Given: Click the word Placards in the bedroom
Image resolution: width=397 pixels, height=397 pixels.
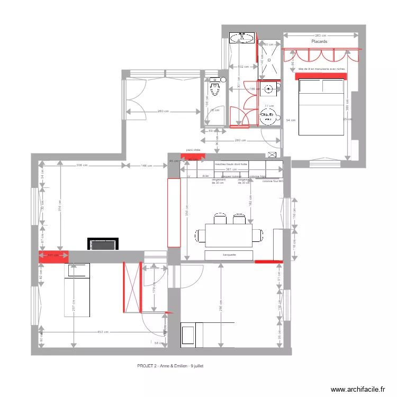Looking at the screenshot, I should (x=319, y=41).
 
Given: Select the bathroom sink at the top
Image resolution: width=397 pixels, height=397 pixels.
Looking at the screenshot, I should (x=242, y=38).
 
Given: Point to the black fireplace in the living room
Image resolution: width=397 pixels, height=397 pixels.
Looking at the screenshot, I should (x=103, y=244).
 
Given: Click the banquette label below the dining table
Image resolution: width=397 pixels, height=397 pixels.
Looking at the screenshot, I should (x=229, y=255).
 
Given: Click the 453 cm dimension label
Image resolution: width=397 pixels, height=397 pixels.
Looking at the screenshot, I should (x=103, y=332).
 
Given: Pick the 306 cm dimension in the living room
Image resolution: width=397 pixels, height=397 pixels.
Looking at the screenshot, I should (x=82, y=165).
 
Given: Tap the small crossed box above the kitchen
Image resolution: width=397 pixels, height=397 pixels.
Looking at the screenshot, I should (x=273, y=155).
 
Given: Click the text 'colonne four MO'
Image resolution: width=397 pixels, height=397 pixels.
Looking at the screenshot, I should (x=273, y=181).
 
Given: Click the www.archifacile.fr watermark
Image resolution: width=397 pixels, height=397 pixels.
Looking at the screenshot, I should (x=358, y=389).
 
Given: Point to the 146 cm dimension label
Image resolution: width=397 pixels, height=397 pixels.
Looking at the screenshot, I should (x=147, y=165).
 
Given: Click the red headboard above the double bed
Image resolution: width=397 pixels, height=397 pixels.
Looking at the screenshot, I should (x=322, y=75).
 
